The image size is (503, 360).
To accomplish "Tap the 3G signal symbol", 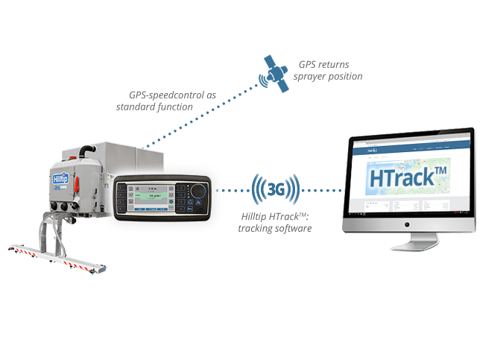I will (275, 190).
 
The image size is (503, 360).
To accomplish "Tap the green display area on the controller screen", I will (154, 199).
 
